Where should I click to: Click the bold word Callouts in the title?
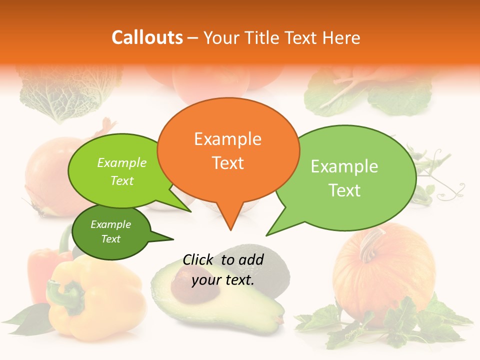147,38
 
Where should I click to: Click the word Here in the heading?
342,38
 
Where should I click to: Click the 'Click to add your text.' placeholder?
223,269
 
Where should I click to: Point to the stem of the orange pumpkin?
369,244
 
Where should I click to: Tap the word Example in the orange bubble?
227,139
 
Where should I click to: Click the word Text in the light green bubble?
344,190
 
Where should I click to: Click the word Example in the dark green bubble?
110,224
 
